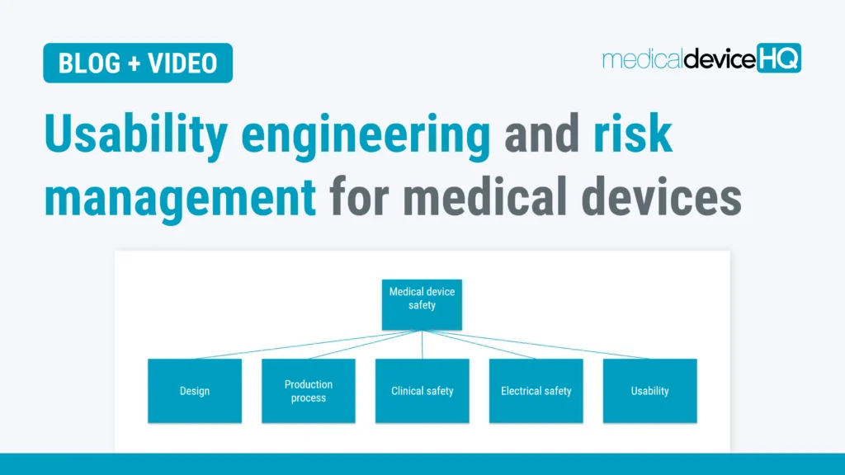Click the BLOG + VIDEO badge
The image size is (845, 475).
(x=138, y=63)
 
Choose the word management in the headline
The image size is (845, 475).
(x=180, y=197)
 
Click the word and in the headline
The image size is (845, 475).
(x=541, y=136)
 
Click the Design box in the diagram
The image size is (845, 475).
(x=195, y=391)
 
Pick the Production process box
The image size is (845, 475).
(x=309, y=391)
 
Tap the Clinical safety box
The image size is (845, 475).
(x=422, y=391)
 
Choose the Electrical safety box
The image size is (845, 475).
(x=536, y=391)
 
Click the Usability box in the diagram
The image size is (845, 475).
(x=649, y=391)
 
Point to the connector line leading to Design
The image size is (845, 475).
(x=305, y=345)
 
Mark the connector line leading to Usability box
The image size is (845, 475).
(x=536, y=345)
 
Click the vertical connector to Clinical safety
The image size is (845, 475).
(x=422, y=345)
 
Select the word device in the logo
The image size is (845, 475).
(x=719, y=59)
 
